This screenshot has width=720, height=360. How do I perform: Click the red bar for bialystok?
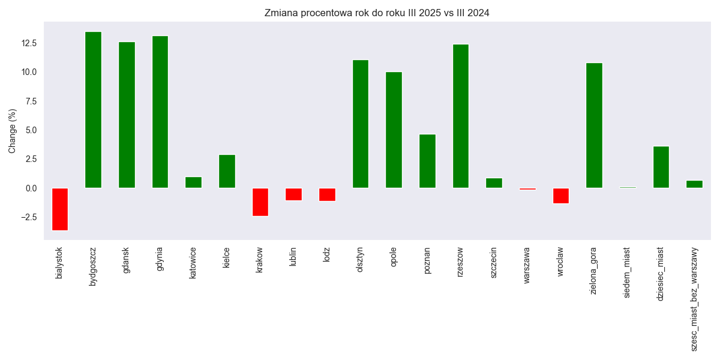60,209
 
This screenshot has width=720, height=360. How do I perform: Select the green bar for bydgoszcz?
93,110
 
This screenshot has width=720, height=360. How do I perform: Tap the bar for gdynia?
160,112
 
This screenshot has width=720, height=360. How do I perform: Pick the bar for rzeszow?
461,116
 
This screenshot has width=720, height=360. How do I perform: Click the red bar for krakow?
260,202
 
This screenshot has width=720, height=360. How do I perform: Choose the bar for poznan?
427,161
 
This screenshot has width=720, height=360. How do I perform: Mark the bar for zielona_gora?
594,125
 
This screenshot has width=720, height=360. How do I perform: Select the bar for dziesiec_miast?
661,167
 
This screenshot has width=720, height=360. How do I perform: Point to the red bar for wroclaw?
561,196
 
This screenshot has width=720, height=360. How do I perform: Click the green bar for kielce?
227,171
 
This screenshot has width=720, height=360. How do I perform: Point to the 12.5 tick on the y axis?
29,43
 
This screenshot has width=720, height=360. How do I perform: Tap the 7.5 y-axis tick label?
31,101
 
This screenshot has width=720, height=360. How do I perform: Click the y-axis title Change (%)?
13,131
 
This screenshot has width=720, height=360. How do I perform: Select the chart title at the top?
377,13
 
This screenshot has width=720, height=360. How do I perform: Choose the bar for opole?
394,130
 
